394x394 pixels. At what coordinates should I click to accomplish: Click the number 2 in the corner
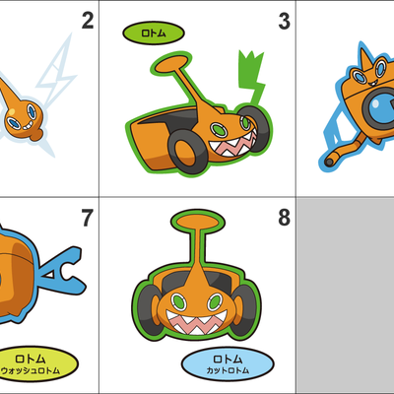click(87, 21)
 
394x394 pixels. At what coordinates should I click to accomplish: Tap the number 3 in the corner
click(284, 21)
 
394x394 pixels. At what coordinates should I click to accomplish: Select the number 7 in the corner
click(87, 218)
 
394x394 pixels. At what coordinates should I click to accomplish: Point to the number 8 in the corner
click(284, 218)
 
